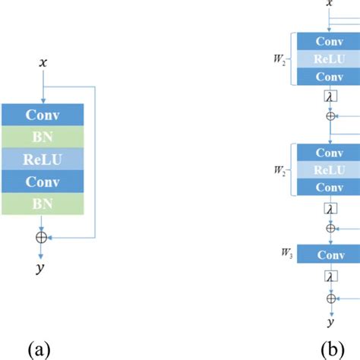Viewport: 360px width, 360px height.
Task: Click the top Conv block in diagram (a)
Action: tap(43, 115)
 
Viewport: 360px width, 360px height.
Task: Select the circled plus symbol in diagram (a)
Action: tap(43, 236)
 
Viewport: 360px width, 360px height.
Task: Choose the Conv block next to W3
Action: tap(330, 254)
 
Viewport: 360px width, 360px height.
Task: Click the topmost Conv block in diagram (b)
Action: tap(330, 42)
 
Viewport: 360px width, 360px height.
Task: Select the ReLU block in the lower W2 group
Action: tap(330, 170)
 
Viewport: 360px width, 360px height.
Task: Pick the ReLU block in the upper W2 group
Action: tap(330, 59)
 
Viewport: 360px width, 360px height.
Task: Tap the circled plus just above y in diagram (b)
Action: tap(330, 298)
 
